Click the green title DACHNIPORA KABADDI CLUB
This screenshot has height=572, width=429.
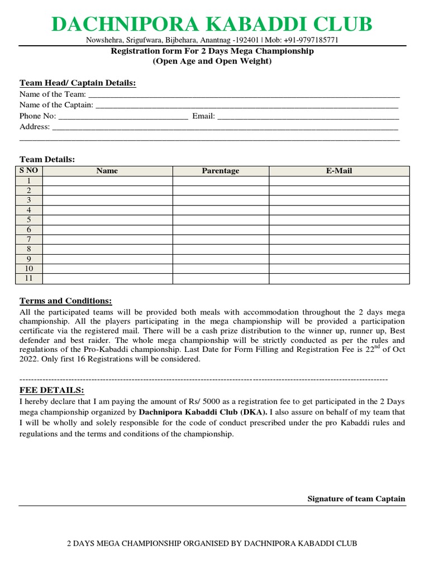coord(212,25)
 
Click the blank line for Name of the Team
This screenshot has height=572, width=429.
coord(244,94)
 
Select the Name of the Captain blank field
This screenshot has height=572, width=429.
coord(247,105)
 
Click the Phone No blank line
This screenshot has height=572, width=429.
coord(123,116)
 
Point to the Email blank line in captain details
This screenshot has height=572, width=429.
coord(308,116)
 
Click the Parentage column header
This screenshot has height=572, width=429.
coord(220,171)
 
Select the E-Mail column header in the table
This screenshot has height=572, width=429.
coord(339,171)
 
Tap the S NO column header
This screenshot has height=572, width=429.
coord(28,170)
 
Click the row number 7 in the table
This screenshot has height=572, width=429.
coord(28,239)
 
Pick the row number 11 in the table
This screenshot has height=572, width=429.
coord(28,278)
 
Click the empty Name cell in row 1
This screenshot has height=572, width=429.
coord(107,181)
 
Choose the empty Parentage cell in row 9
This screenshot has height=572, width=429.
coord(220,259)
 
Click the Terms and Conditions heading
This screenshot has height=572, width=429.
coord(65,301)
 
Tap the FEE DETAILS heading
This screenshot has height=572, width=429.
coord(51,390)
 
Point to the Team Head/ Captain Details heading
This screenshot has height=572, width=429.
coord(78,83)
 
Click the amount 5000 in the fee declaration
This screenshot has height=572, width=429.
coord(211,402)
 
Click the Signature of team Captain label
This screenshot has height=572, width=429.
coord(356,499)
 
